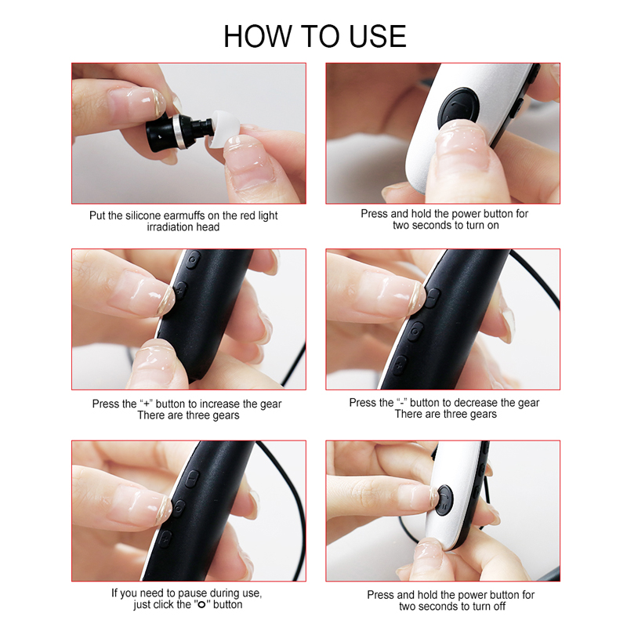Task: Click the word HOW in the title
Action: [258, 36]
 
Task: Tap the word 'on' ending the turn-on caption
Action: [493, 226]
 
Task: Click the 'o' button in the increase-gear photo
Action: [193, 259]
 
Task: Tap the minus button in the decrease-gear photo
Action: [433, 298]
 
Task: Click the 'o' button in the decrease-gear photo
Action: [415, 332]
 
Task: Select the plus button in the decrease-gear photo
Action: [399, 365]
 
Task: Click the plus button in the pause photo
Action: [165, 538]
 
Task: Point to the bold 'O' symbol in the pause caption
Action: [202, 604]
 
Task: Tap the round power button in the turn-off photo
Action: [444, 500]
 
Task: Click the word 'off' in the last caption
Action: [498, 606]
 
